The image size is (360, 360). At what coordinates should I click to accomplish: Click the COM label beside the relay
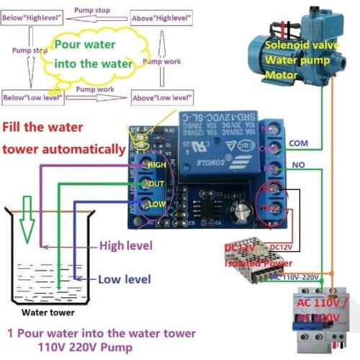pos(298,143)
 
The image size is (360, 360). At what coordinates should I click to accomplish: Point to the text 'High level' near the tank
pos(126,246)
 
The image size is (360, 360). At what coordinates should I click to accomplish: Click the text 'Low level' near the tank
pos(123,279)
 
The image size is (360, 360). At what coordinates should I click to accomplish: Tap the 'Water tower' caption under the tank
pos(48,312)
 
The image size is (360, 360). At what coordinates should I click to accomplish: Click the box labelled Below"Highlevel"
pos(32,17)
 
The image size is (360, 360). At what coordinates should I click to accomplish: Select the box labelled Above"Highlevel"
pos(162,17)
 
